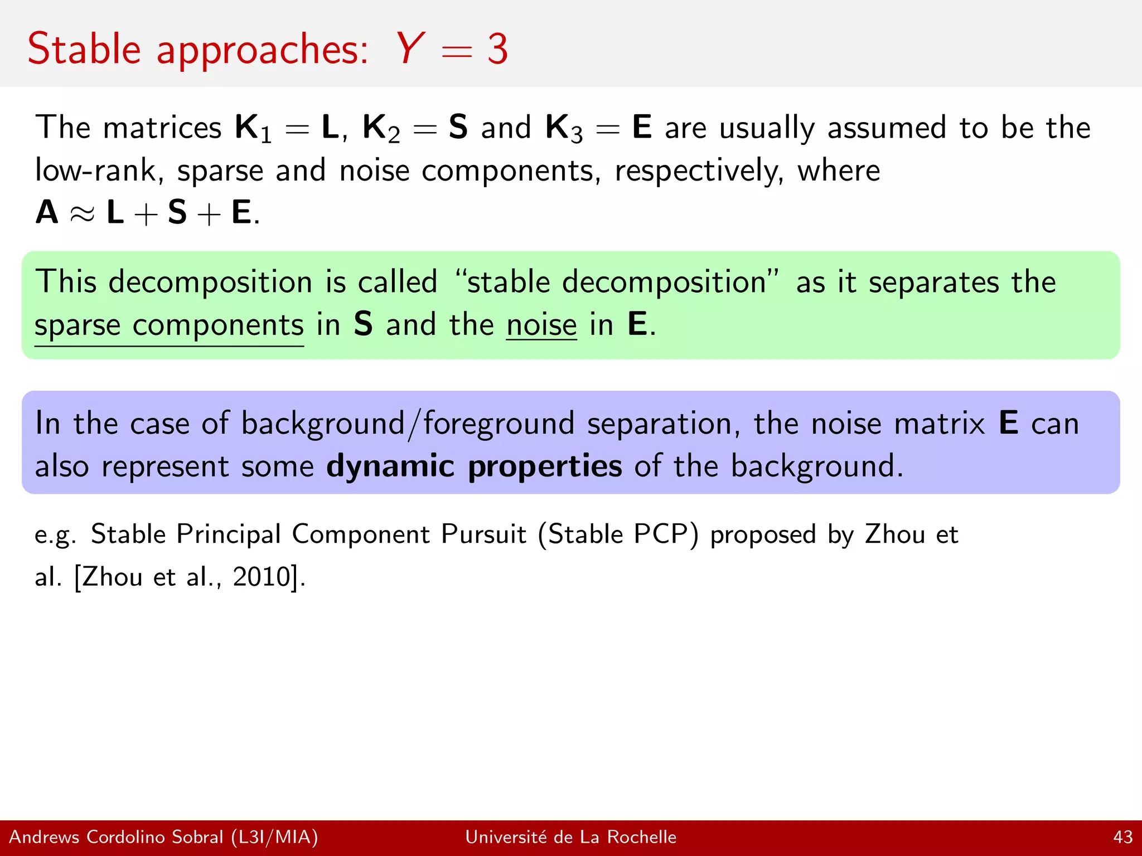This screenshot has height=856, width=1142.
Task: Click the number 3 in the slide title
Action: click(x=497, y=50)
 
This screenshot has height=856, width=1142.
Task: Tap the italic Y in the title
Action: click(x=411, y=48)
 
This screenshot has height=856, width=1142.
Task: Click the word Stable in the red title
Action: click(x=84, y=50)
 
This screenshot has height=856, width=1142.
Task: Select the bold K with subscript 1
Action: click(x=253, y=128)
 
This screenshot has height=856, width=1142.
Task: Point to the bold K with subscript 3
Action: click(x=563, y=128)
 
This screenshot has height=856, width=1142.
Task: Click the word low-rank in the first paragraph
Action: click(x=98, y=171)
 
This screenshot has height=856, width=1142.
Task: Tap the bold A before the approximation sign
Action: click(x=47, y=213)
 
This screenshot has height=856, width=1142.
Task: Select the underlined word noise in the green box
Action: click(x=541, y=325)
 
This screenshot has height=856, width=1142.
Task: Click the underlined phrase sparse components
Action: click(x=169, y=325)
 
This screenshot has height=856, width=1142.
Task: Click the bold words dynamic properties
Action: click(x=474, y=466)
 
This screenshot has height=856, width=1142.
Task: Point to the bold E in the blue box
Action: click(x=1008, y=423)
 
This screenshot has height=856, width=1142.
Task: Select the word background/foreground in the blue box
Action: click(x=407, y=424)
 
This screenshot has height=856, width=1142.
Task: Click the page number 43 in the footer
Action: click(x=1122, y=837)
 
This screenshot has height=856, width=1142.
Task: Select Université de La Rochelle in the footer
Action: click(x=570, y=837)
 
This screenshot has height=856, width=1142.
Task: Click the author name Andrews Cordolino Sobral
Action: click(x=116, y=837)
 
